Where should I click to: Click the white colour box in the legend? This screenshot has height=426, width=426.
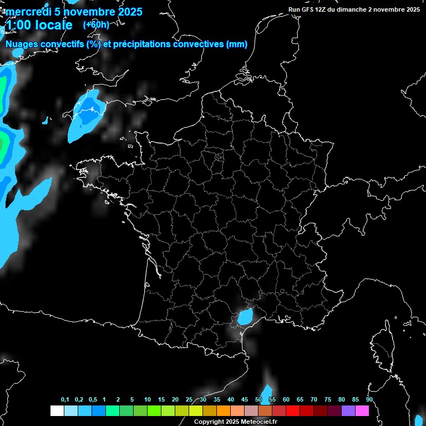click(x=57, y=410)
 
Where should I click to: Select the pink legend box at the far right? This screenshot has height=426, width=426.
click(x=362, y=410)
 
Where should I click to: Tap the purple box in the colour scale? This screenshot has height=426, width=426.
click(x=348, y=410)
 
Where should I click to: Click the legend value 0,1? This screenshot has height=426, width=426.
click(x=65, y=400)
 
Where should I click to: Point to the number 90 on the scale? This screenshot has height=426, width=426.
click(x=369, y=400)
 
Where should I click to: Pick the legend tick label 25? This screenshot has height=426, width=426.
click(x=189, y=400)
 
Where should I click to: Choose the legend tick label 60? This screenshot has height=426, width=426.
click(x=286, y=400)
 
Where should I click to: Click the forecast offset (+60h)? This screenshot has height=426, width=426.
click(x=96, y=24)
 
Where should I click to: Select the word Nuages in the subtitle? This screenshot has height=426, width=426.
click(x=23, y=44)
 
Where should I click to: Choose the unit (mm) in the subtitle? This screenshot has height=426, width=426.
click(x=237, y=44)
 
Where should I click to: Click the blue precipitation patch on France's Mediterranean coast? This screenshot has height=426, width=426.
click(x=244, y=318)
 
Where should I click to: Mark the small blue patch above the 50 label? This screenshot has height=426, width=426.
click(x=267, y=393)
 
